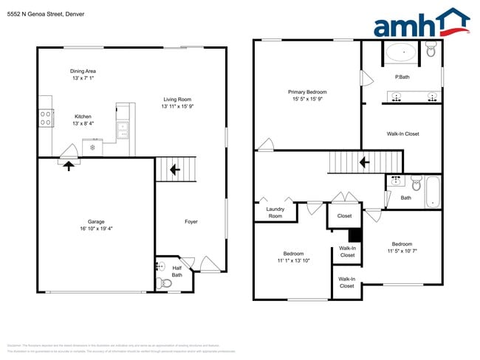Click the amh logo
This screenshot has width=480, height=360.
point(421,24)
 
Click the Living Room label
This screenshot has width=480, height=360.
point(176,99)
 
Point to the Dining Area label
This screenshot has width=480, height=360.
point(83,72)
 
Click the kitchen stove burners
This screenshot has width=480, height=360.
point(46,116)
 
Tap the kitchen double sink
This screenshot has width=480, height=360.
point(123,131)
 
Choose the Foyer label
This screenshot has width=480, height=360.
point(191,221)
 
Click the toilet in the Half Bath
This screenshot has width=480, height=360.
point(165,283)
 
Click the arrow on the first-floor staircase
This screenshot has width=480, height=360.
point(175,170)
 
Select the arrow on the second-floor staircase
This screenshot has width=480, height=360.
point(363,162)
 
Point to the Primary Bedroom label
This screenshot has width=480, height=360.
point(307,92)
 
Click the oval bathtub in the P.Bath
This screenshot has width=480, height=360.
point(401,52)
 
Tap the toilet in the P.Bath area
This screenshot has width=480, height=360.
point(431,50)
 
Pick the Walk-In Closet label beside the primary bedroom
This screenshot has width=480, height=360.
point(402,134)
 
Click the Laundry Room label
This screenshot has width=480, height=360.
point(275,212)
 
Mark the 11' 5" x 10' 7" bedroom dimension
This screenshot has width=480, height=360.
point(402,251)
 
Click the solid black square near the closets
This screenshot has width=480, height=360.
point(354,235)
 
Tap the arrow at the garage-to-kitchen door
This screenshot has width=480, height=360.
point(69,166)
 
